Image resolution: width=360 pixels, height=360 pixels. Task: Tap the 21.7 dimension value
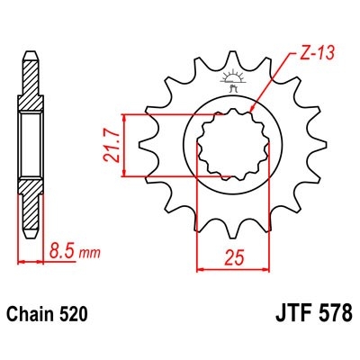[112, 143]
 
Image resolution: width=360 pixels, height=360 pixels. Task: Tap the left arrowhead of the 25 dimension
[200, 268]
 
